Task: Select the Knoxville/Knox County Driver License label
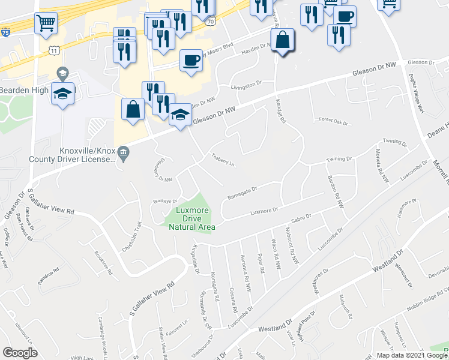click(71, 155)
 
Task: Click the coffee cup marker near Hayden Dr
click(191, 60)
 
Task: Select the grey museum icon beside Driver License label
click(124, 152)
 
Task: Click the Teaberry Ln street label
click(221, 160)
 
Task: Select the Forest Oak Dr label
click(334, 122)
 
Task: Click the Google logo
click(20, 353)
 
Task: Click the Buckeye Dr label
click(166, 202)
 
